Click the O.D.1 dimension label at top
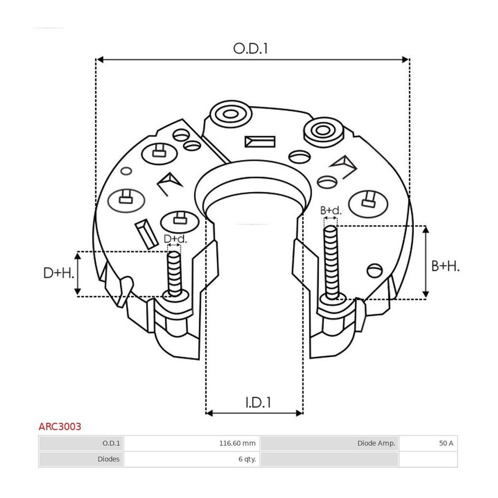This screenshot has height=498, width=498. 251,49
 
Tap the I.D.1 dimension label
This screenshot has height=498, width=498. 258,402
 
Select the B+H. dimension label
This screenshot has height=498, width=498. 445,266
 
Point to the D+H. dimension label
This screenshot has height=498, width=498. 59,273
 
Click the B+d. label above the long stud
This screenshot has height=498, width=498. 331,210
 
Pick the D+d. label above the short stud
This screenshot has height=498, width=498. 175,239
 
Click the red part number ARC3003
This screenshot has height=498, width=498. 60,426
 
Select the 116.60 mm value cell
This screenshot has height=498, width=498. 237,443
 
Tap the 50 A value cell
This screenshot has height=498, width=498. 446,443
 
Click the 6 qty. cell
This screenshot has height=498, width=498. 247,459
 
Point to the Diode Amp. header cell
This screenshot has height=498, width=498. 376,443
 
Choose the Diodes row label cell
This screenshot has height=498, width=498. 108,459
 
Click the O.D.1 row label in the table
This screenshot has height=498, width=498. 111,443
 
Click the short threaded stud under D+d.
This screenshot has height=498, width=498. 174,274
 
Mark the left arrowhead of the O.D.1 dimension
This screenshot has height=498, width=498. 100,59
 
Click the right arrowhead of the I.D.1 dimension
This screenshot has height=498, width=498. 299,413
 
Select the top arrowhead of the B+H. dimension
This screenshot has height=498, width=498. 426,229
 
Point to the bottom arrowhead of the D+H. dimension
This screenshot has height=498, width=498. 77,292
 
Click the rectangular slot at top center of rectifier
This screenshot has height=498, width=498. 260,142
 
